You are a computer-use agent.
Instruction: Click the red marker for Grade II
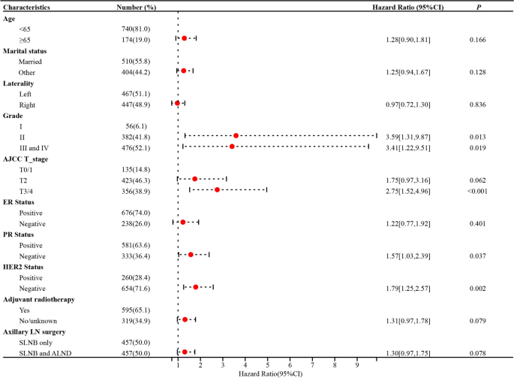[236, 136]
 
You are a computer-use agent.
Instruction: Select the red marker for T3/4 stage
[217, 189]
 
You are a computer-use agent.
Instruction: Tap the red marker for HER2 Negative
[196, 287]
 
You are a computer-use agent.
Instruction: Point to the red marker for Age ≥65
[184, 38]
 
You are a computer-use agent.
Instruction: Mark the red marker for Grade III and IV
[232, 147]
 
